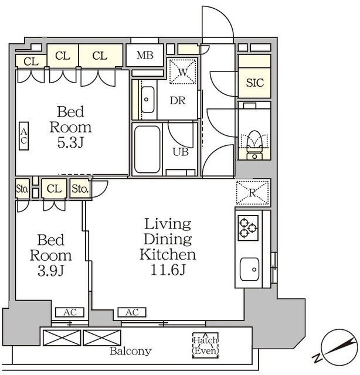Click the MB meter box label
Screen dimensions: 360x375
tap(145, 56)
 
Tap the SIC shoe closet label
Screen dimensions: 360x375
tap(255, 83)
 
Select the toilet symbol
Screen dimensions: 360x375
tap(254, 145)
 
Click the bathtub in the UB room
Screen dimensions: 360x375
tap(147, 149)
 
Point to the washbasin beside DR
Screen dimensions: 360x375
tap(148, 100)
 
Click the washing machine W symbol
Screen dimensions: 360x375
tap(182, 71)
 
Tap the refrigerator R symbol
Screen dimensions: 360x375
tap(253, 193)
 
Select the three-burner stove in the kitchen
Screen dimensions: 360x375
tap(248, 228)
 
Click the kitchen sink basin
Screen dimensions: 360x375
tap(249, 269)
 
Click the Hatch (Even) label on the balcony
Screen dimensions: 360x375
tap(206, 346)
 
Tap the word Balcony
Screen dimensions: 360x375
tap(130, 352)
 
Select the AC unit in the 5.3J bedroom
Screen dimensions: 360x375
tap(23, 136)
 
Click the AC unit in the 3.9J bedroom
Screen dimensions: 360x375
tap(70, 312)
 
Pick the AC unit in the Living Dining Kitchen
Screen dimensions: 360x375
tap(132, 312)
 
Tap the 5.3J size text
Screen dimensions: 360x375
tap(70, 143)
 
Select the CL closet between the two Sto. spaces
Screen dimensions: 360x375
tap(54, 189)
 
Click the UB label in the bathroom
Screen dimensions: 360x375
tap(181, 152)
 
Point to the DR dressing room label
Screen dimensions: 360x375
tap(178, 101)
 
